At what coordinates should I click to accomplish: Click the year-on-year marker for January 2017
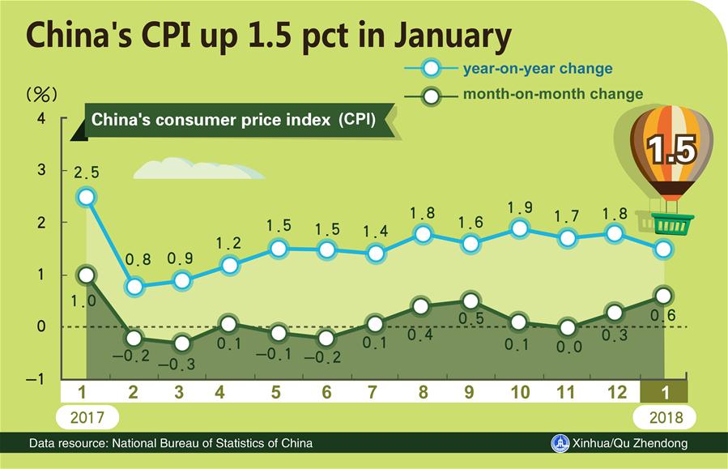coord(87,197)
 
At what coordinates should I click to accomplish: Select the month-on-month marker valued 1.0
coord(87,275)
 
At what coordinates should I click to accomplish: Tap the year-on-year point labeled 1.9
coord(520,228)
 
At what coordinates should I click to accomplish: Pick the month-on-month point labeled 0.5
coord(469,301)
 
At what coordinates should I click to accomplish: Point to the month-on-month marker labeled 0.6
coord(664,296)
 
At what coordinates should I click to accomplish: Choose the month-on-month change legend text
coord(552,94)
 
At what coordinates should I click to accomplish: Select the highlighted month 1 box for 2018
coord(664,393)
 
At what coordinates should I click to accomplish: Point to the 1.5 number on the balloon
coord(670,151)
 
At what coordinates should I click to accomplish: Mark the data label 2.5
coord(87,172)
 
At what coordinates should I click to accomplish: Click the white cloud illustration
coord(198,170)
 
